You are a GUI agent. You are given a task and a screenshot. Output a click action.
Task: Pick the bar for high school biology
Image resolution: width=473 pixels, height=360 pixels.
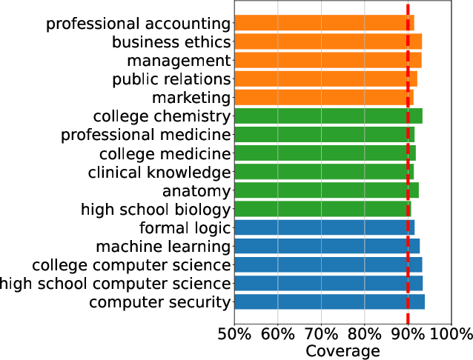click(x=322, y=209)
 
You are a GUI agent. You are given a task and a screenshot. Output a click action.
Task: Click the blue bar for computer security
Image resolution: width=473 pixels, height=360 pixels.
click(x=329, y=301)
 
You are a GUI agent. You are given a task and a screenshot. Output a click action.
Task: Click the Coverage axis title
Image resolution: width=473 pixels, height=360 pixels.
click(x=343, y=350)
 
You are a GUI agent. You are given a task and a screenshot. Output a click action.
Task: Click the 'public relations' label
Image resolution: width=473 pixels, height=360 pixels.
click(x=171, y=79)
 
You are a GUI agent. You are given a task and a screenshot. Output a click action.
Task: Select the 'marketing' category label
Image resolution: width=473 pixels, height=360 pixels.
click(x=191, y=98)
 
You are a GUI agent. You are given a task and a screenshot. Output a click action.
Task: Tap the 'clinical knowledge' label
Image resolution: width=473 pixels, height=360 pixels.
click(x=159, y=172)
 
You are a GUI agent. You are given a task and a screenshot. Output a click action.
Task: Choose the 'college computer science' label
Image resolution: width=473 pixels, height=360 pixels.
click(x=131, y=264)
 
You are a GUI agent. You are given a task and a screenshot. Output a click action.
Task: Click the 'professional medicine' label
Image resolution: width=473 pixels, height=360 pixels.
click(x=146, y=135)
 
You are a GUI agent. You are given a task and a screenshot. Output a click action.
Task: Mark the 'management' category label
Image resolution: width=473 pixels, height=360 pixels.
click(x=179, y=60)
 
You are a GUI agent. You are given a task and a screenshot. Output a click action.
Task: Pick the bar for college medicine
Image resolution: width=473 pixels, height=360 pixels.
click(x=325, y=153)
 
